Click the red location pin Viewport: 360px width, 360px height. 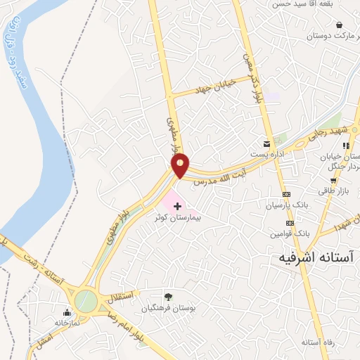[x=181, y=166]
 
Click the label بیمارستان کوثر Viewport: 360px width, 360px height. [x=179, y=218]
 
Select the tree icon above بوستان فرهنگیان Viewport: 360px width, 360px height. [x=167, y=296]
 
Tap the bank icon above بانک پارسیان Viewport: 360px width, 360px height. [x=286, y=194]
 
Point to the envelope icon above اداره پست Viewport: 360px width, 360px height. [x=266, y=142]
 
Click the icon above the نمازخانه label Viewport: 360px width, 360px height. [x=67, y=313]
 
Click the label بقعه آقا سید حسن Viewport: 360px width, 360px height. [x=301, y=5]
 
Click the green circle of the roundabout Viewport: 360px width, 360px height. [x=86, y=301]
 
